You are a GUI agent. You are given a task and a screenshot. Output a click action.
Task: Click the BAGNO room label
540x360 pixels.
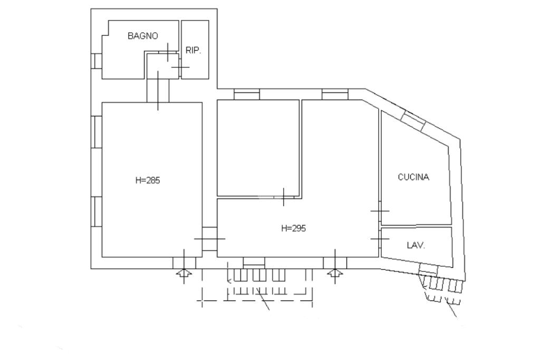(142, 36)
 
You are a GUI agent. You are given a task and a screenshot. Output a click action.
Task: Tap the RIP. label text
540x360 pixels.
(194, 51)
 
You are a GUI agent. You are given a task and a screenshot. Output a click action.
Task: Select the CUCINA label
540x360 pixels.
(413, 177)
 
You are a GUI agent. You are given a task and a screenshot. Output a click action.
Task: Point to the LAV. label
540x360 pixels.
(416, 245)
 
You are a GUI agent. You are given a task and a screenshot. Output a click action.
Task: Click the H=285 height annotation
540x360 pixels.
(148, 180)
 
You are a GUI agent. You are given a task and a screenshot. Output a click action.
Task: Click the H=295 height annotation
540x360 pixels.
(293, 228)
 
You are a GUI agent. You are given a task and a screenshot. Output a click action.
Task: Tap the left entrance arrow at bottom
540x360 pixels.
(184, 273)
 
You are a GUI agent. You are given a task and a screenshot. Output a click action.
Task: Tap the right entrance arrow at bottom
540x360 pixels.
(335, 273)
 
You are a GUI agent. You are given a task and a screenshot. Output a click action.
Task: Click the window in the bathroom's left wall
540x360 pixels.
(96, 61)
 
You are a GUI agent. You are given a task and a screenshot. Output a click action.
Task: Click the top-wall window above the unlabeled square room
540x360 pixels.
(247, 94)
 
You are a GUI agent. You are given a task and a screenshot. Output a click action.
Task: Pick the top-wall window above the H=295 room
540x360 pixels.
(335, 94)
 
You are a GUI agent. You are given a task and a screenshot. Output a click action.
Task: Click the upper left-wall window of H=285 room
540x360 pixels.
(97, 132)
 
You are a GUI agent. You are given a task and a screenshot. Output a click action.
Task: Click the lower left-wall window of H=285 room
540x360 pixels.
(97, 211)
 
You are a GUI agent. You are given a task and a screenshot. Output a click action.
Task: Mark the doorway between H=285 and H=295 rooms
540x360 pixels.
(209, 239)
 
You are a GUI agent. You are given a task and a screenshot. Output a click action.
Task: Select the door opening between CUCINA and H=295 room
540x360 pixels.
(380, 211)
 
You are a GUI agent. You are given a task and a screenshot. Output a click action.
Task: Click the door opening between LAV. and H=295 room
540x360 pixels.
(380, 239)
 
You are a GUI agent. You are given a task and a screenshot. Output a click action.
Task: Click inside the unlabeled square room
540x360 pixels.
(258, 148)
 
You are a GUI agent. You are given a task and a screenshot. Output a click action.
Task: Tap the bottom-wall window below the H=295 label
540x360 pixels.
(254, 262)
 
